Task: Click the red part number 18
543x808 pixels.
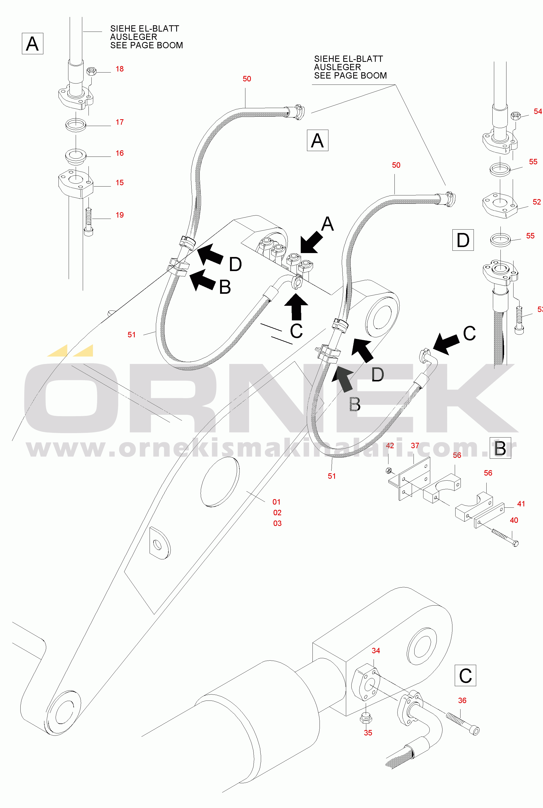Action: point(120,69)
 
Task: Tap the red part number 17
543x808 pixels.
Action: point(120,122)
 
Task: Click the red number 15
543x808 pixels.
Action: point(120,183)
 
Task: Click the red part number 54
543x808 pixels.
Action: point(538,111)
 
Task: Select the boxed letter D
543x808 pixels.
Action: point(463,240)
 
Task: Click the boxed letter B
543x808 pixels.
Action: point(500,448)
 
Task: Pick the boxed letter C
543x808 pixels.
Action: point(465,675)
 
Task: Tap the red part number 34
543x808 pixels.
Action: point(376,651)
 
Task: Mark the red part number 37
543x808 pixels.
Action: point(415,446)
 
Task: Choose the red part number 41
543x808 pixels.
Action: point(521,504)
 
